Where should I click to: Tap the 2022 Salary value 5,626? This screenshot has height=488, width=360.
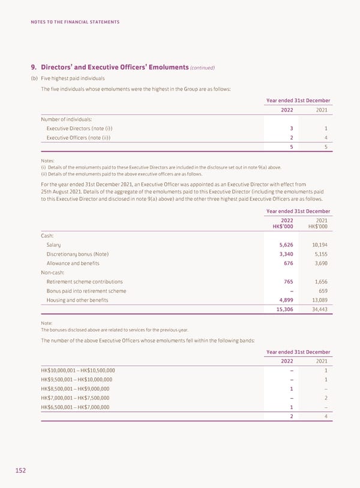[283, 245]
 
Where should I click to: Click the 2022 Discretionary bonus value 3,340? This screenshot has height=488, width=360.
[283, 254]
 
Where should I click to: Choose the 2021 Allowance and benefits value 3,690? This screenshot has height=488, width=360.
[318, 263]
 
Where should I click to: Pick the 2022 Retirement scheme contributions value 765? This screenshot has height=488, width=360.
[285, 282]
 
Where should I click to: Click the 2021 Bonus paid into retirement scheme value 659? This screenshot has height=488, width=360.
[322, 291]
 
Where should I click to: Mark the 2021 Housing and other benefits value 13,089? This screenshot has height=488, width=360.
[316, 300]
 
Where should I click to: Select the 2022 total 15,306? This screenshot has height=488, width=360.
[281, 311]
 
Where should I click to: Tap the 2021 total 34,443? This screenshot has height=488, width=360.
[316, 311]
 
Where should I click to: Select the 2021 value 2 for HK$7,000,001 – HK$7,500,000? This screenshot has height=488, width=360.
[325, 397]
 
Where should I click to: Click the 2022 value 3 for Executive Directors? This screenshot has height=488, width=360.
[291, 129]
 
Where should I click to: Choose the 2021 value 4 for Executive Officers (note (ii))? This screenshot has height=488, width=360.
[325, 138]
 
